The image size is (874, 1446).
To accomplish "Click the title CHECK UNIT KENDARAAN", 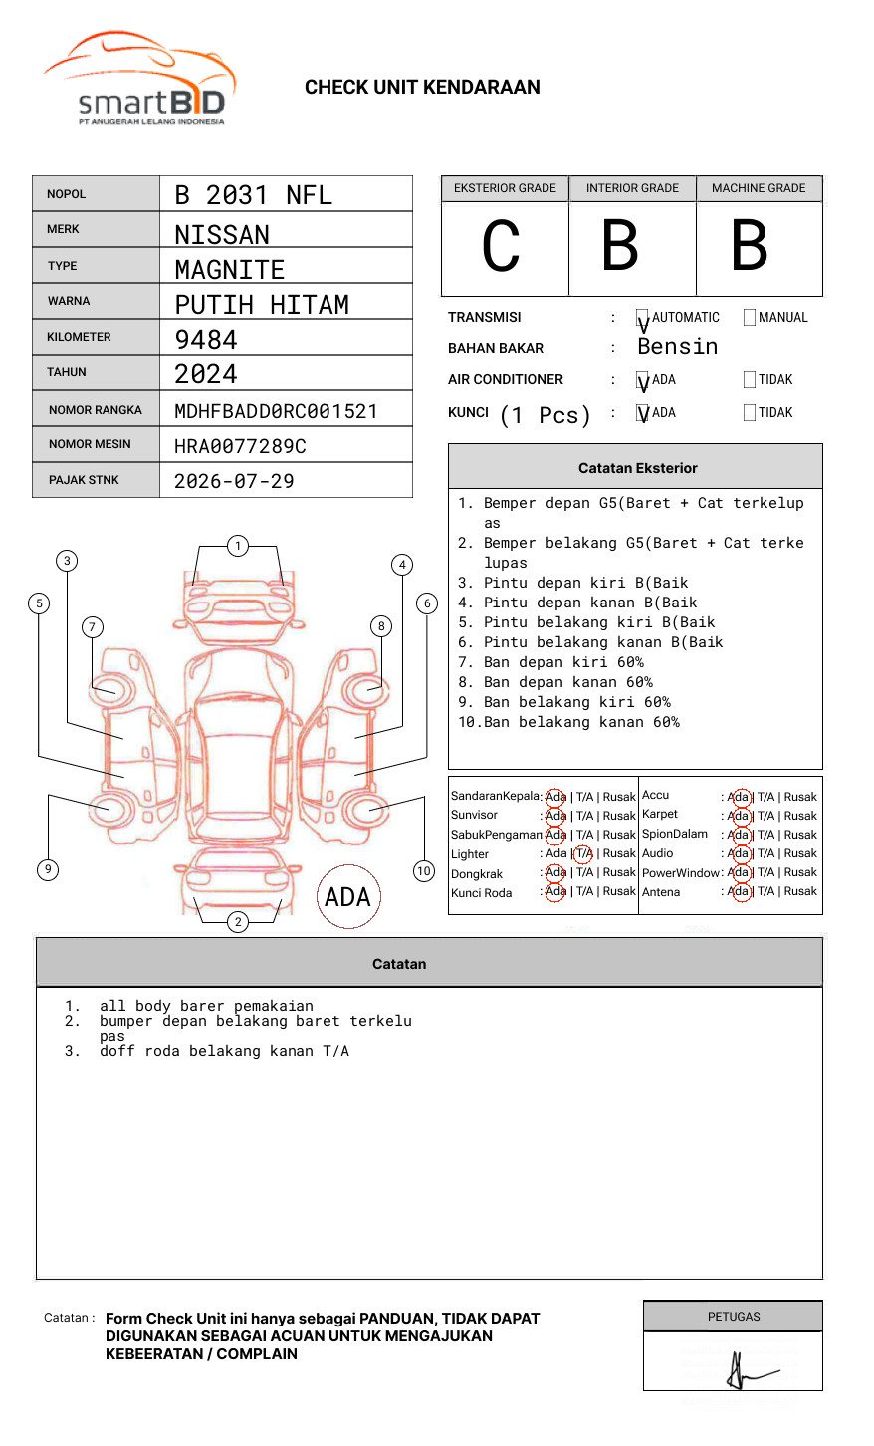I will tap(422, 88).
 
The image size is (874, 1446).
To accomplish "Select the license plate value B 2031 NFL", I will tap(253, 195).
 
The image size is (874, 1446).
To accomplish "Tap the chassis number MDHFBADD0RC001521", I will tap(276, 411).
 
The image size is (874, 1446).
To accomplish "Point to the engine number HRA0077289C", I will tap(240, 446).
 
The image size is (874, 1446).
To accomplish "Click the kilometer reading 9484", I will tap(206, 340).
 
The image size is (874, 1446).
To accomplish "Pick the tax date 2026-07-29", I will tap(234, 481).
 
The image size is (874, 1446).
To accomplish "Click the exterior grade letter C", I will tap(502, 246).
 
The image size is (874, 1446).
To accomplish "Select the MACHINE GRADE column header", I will tap(759, 188).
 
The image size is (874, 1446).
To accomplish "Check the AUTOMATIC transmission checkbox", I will tap(642, 319).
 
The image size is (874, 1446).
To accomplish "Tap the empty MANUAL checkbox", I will tap(750, 318).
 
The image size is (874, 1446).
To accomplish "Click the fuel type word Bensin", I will tap(677, 347).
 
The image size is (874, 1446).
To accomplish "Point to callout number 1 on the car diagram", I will tap(237, 546).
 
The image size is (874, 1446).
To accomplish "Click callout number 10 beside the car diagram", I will tap(424, 871).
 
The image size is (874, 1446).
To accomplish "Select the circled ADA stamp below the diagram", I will tap(347, 897).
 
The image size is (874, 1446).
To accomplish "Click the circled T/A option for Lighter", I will tap(583, 853).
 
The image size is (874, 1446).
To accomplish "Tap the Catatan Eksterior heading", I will tap(637, 468).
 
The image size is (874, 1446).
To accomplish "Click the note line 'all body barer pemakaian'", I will tap(206, 1006).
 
